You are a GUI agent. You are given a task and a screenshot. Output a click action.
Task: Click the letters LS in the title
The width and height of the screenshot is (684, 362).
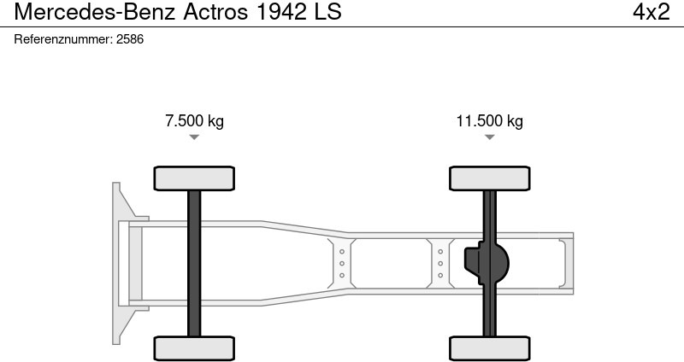(x=327, y=12)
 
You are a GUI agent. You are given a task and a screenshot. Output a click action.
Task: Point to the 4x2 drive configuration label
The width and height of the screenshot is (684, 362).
(x=651, y=12)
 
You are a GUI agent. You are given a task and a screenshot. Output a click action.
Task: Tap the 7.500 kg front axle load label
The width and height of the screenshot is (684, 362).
(x=194, y=120)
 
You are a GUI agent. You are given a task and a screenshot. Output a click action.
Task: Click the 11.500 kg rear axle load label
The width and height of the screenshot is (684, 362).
(x=489, y=120)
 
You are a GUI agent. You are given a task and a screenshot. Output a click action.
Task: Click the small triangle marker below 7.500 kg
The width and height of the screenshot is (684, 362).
(x=194, y=137)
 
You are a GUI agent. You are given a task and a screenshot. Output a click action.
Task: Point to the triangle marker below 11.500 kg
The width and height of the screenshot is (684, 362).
(x=489, y=137)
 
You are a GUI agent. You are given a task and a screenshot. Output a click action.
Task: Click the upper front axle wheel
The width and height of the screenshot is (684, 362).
(x=194, y=178)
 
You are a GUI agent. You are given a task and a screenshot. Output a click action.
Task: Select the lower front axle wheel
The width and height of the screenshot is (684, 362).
(x=194, y=347)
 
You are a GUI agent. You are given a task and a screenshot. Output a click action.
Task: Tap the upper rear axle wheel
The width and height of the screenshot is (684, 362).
(x=490, y=178)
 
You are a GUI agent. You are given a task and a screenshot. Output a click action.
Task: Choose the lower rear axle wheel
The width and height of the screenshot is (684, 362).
(x=490, y=347)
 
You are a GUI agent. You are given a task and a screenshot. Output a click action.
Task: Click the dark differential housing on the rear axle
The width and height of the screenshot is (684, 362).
(x=484, y=263)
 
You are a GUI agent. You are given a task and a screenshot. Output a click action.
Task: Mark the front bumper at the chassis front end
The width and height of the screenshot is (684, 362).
(x=120, y=263)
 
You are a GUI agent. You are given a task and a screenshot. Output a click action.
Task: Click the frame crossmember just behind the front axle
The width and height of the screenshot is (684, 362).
(x=341, y=263)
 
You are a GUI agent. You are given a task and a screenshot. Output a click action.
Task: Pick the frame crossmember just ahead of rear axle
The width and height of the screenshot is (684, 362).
(x=440, y=263)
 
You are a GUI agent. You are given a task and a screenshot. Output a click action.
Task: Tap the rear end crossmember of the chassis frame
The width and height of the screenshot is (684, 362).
(x=564, y=263)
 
